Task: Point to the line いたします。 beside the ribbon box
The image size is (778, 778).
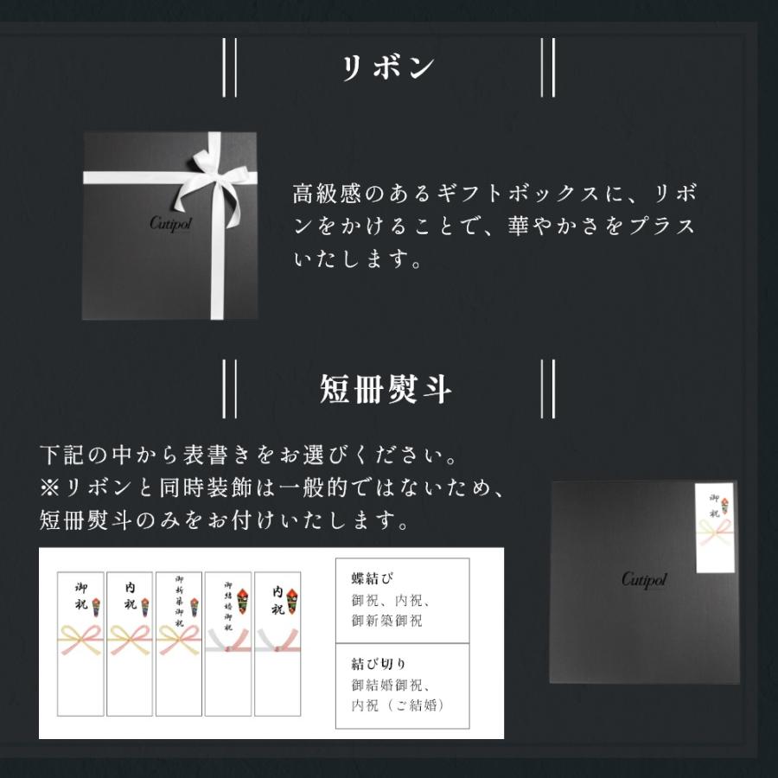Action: tap(357, 259)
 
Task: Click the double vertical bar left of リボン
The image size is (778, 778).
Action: tap(229, 68)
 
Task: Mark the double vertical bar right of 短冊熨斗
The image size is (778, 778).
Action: tap(546, 390)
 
